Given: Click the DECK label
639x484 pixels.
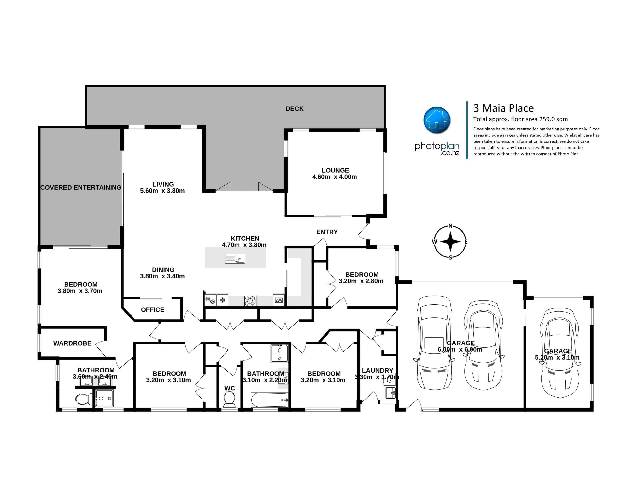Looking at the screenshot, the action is coord(294,109).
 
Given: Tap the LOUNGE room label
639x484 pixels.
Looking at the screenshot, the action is coord(335,170).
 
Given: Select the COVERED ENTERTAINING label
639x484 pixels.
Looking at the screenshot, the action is coord(81,187).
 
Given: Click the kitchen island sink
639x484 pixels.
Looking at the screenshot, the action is coord(235,258).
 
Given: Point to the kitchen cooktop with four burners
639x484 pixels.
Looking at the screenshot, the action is coord(250,300).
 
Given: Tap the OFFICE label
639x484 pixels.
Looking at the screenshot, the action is coord(153,310).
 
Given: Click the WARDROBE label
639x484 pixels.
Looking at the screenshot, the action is coord(72,343).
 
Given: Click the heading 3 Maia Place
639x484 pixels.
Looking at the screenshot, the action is coord(503,108).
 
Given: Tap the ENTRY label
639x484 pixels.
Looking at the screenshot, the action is coord(327,232).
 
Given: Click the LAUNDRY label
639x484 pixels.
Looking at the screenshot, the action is coord(377,371).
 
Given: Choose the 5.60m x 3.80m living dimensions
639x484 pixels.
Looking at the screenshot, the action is coord(162,191).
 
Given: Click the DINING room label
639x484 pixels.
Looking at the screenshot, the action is coord(163,270).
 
